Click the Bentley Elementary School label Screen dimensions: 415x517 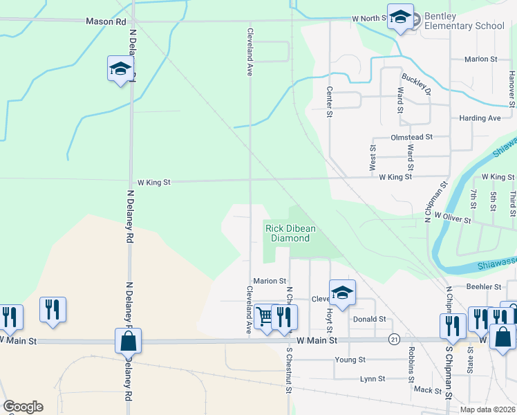tap(464, 21)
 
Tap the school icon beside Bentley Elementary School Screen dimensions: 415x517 tap(400, 18)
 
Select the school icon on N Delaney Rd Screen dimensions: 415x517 tap(120, 69)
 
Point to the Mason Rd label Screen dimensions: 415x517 tap(106, 21)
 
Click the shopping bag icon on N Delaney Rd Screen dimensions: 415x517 tap(128, 341)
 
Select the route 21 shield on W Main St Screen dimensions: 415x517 tap(394, 339)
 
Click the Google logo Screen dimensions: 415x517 tap(23, 406)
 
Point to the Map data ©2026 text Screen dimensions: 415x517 tap(487, 409)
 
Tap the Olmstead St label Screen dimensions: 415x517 tap(411, 138)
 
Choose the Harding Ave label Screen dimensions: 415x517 tap(480, 118)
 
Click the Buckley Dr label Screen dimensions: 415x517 tap(417, 86)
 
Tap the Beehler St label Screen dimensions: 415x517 tap(484, 286)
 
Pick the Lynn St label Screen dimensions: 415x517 tap(372, 379)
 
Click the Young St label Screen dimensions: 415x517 tap(350, 360)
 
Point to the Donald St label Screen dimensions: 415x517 tap(368, 320)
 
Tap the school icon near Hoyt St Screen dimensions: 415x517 tap(342, 293)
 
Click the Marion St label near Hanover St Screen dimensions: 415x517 tap(481, 59)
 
